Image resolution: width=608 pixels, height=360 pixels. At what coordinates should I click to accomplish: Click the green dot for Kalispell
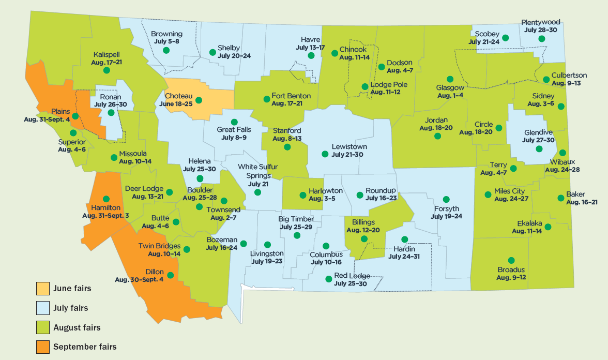(x=107, y=70)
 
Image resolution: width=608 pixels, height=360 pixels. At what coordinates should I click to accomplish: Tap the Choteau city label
(x=178, y=96)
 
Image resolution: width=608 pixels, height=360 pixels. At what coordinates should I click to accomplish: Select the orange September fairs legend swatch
(x=43, y=347)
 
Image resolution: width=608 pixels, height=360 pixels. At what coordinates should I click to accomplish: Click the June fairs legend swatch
(x=43, y=288)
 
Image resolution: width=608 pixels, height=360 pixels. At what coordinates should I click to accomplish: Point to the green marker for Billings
(x=364, y=238)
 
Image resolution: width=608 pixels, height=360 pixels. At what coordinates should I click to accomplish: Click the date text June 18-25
(x=176, y=103)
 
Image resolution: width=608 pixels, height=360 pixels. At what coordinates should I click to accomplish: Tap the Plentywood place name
(x=541, y=23)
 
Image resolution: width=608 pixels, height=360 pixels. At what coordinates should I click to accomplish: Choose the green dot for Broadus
(x=511, y=260)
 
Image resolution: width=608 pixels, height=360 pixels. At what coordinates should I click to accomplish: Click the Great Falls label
(x=234, y=130)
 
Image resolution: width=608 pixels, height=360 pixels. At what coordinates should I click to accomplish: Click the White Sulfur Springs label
(x=258, y=171)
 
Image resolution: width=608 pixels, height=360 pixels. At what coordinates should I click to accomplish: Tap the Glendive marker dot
(x=539, y=148)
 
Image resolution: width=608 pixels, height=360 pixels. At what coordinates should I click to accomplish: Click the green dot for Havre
(x=311, y=55)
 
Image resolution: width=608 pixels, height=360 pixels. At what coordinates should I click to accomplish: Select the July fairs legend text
(x=71, y=308)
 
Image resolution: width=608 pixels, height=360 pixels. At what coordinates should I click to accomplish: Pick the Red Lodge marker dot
(x=328, y=279)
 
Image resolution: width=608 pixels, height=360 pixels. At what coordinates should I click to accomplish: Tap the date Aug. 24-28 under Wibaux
(x=563, y=169)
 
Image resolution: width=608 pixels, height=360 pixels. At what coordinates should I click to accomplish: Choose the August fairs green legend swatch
(x=43, y=327)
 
